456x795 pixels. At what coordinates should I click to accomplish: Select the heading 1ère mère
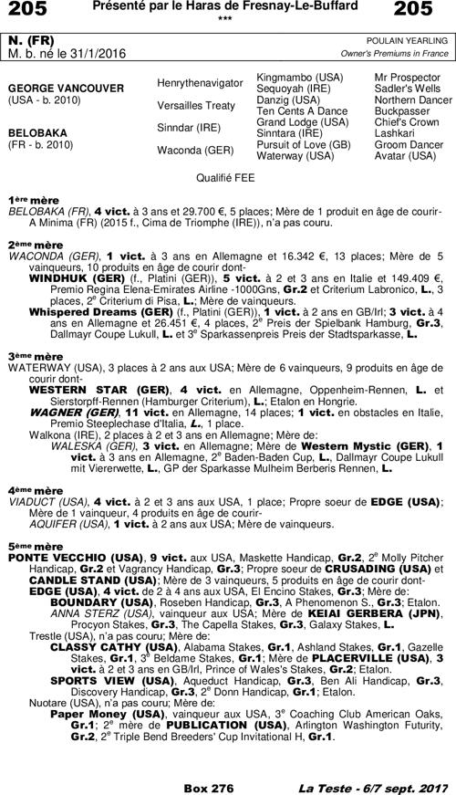click(36, 199)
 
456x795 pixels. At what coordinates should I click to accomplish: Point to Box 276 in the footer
click(209, 787)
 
